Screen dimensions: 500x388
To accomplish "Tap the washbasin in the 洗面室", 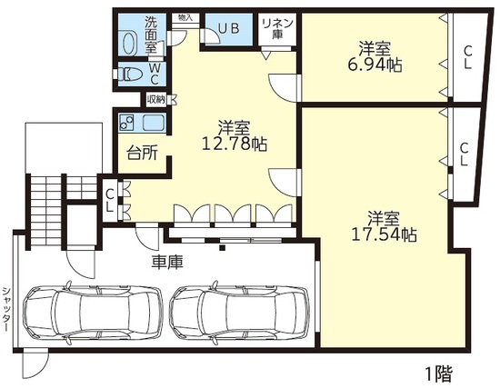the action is point(129,44).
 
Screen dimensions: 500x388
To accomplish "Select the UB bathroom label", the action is point(228,29).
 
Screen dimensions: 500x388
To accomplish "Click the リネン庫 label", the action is point(277,29).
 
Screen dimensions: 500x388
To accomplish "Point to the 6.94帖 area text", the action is point(374,65).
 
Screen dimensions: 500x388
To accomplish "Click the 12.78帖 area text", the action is point(235,144).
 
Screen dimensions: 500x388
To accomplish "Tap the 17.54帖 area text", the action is point(384,234).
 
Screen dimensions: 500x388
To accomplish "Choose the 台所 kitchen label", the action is point(142,153).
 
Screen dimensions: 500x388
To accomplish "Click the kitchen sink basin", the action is point(154,123).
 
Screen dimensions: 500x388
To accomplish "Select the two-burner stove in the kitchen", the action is point(127,123).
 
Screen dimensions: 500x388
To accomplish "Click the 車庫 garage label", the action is point(167,263).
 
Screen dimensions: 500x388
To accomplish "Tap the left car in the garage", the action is point(93,312).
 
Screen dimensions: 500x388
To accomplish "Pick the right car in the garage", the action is point(239,312).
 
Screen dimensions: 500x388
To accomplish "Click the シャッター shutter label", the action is point(5,309).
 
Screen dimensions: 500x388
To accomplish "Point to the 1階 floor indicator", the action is point(439,374).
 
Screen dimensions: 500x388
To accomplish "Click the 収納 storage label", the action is point(156,99).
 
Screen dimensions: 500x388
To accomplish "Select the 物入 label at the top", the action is point(185,17).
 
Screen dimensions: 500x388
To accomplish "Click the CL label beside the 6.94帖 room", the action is point(467,57).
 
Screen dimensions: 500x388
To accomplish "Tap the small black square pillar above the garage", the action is point(223,248).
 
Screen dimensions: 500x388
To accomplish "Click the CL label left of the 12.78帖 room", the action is point(109,201).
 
